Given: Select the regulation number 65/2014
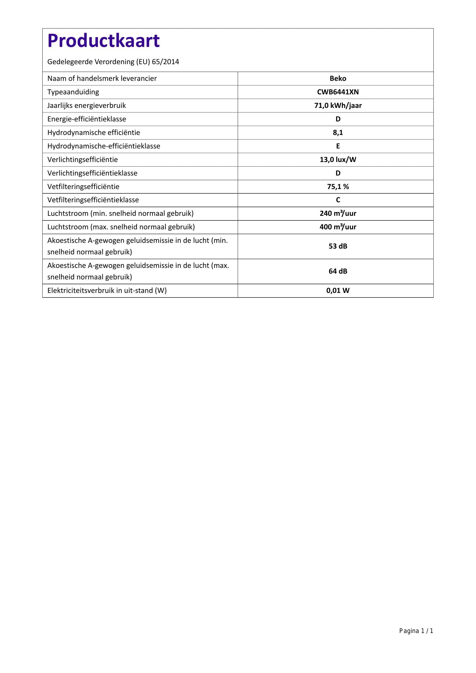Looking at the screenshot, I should pyautogui.click(x=165, y=62).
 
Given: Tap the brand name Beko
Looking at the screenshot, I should pyautogui.click(x=338, y=79).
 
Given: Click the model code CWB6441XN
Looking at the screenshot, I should pyautogui.click(x=338, y=92).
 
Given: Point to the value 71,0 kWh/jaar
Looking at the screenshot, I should pyautogui.click(x=338, y=106).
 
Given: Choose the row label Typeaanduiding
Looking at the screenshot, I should pyautogui.click(x=73, y=92).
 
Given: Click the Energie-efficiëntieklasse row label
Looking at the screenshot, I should pyautogui.click(x=87, y=119).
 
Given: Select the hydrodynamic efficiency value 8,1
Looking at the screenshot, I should pyautogui.click(x=338, y=132).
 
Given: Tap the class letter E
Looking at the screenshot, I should pyautogui.click(x=338, y=146).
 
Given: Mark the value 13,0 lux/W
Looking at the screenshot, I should pyautogui.click(x=338, y=160).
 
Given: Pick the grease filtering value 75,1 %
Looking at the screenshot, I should pyautogui.click(x=338, y=187).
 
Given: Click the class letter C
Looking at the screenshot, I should pyautogui.click(x=338, y=200).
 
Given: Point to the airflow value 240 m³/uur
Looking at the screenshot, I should pyautogui.click(x=338, y=213).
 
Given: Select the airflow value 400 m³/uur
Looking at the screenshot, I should pyautogui.click(x=338, y=227).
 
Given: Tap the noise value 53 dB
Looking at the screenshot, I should pyautogui.click(x=338, y=246).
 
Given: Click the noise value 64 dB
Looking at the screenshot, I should pyautogui.click(x=338, y=271).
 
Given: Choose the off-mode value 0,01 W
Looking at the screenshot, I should pyautogui.click(x=338, y=291).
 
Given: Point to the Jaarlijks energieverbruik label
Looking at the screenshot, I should pyautogui.click(x=86, y=106).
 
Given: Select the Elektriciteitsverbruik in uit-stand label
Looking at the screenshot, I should pyautogui.click(x=107, y=291).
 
